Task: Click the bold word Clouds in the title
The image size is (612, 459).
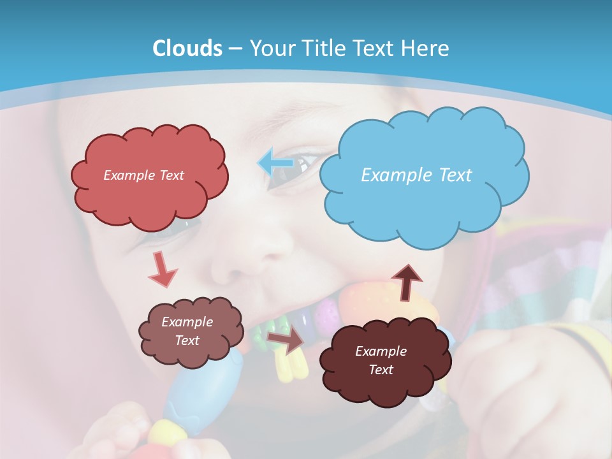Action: click(187, 48)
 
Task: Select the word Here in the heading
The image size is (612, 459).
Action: click(427, 48)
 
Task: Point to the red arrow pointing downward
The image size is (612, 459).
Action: click(162, 269)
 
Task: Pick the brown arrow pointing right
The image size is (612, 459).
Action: click(285, 340)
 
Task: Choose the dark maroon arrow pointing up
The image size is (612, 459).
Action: click(406, 281)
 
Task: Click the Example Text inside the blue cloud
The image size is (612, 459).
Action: click(416, 175)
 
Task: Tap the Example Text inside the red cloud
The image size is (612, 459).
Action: click(143, 175)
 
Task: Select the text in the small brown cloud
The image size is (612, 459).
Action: click(187, 331)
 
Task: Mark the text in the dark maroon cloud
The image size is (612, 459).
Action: click(381, 360)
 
